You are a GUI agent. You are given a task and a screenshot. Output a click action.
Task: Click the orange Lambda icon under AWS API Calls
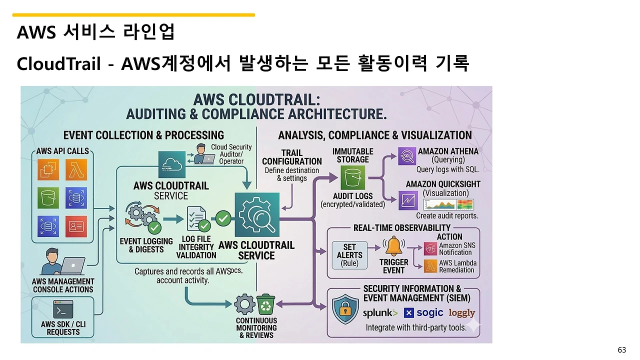point(76,170)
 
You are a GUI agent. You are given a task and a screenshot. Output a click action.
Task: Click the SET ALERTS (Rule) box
point(349,255)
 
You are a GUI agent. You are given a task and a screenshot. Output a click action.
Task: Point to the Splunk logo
point(380,313)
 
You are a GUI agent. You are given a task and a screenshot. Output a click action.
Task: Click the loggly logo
point(461,313)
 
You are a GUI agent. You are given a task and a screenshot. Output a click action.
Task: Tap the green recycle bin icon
point(265,304)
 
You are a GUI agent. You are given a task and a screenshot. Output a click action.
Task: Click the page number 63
point(621,350)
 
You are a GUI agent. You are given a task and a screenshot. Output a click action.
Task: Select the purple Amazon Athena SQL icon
point(407,156)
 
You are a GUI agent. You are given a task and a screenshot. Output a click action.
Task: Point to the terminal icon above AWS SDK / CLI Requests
point(63,309)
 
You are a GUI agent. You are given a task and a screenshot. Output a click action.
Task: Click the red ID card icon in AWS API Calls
point(76,226)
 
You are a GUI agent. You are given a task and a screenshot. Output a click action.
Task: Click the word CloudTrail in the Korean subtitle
point(59,63)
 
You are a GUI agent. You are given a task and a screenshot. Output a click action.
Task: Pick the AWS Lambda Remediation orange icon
point(430,266)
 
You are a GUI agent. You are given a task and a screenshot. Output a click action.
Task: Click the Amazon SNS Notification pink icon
point(430,248)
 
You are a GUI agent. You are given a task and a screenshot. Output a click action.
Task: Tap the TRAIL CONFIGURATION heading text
point(291,157)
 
